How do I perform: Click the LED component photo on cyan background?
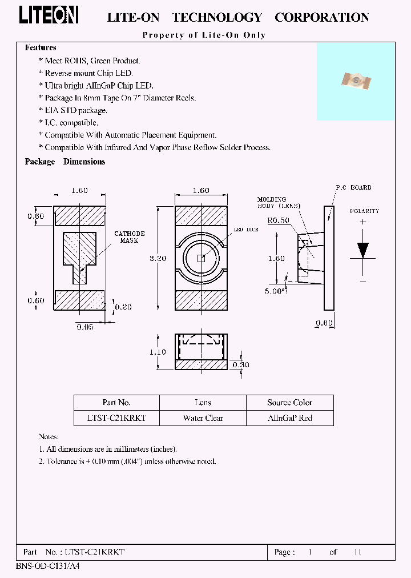(x=356, y=82)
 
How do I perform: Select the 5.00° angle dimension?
(x=276, y=290)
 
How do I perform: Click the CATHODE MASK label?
(x=130, y=237)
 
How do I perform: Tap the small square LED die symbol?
(x=201, y=258)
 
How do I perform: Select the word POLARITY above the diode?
(x=364, y=211)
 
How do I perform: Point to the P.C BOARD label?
(x=353, y=187)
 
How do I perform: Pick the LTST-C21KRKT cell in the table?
(x=117, y=418)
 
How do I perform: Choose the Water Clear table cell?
(x=203, y=418)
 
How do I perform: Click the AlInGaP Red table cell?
(x=289, y=418)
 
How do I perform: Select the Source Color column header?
(x=289, y=402)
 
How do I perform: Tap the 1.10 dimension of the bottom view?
(x=158, y=352)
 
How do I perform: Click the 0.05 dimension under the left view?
(x=85, y=327)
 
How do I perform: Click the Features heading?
(x=41, y=48)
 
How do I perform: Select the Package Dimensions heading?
(x=65, y=162)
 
